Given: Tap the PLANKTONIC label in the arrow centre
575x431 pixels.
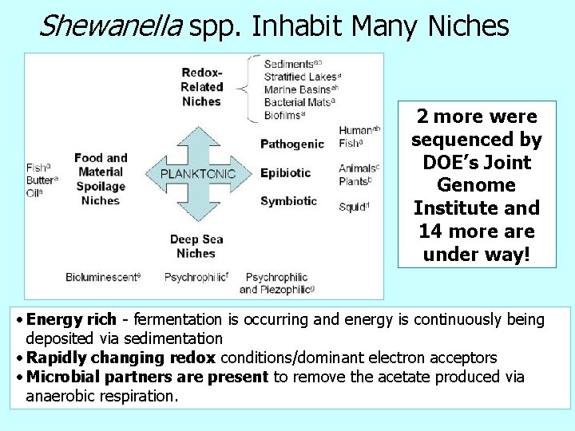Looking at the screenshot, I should (198, 173).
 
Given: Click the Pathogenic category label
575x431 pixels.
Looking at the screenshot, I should (292, 144).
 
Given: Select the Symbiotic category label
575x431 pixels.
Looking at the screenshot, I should (288, 201).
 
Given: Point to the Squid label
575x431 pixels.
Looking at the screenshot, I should (353, 208).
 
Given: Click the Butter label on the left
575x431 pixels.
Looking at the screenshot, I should (41, 180).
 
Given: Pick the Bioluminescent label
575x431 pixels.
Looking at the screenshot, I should (103, 277).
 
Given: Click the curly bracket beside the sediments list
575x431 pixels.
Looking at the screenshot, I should (254, 89).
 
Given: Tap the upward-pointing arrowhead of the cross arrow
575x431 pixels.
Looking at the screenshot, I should (199, 135).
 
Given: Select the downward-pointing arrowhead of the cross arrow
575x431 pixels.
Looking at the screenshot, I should (199, 212).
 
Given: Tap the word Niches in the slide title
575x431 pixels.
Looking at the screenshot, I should (469, 26).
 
